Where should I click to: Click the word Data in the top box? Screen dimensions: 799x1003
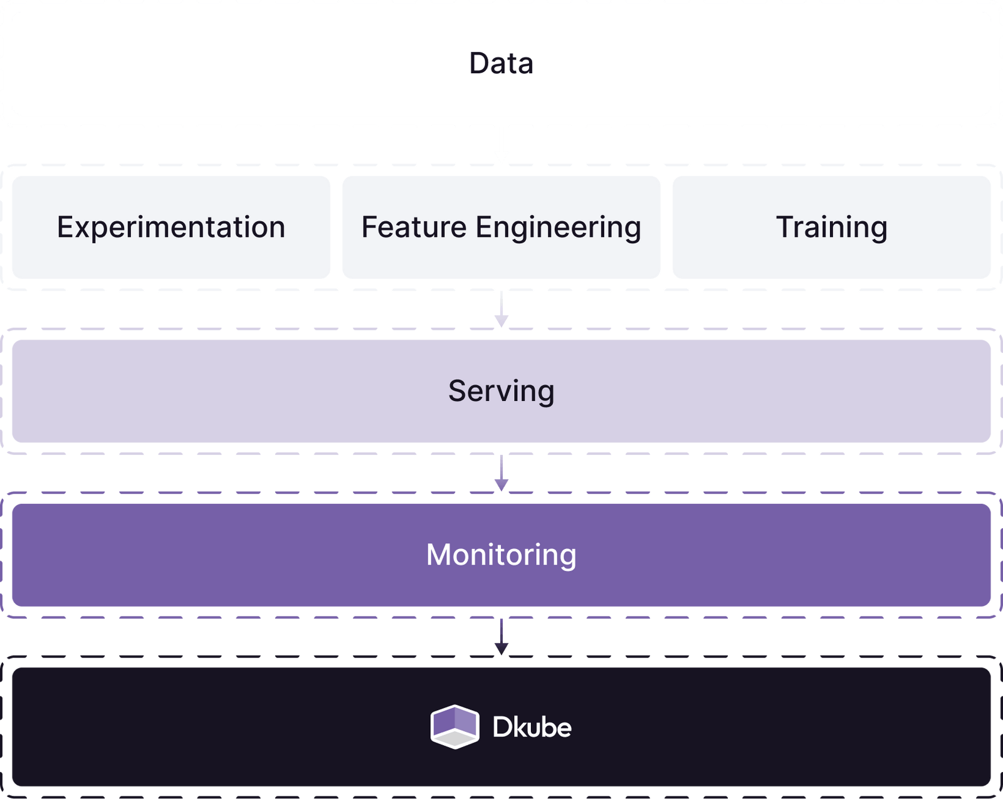[x=501, y=63]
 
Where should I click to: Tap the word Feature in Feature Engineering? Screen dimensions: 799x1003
[x=413, y=227]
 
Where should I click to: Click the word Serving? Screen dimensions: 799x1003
[x=501, y=391]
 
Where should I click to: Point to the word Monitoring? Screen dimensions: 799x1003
[x=501, y=555]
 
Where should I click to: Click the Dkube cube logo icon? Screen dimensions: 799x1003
[x=455, y=726]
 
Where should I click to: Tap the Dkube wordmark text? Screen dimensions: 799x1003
[x=532, y=727]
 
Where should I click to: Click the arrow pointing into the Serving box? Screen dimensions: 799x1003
[x=501, y=310]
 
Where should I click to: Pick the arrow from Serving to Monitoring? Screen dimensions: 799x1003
[x=501, y=474]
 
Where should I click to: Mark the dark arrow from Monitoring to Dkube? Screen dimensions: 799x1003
[x=501, y=637]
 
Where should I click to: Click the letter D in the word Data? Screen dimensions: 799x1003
[x=479, y=63]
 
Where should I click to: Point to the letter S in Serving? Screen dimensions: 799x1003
[x=458, y=390]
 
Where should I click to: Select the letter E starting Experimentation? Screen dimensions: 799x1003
[x=65, y=227]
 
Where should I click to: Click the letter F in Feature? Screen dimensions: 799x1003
[x=369, y=227]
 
